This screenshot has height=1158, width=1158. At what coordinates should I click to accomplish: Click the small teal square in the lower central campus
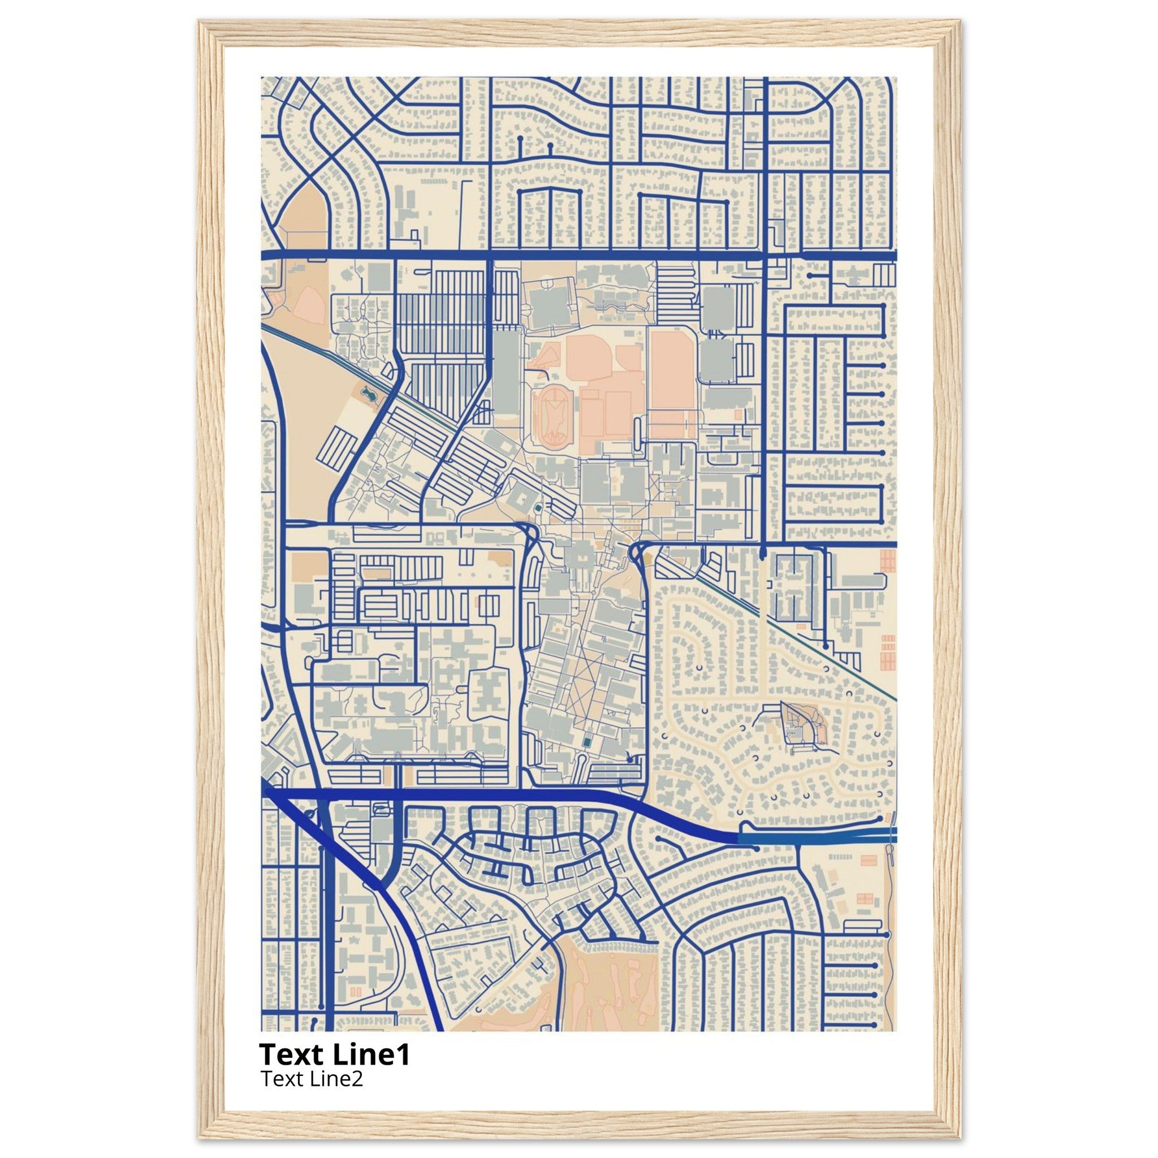[x=586, y=743]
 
